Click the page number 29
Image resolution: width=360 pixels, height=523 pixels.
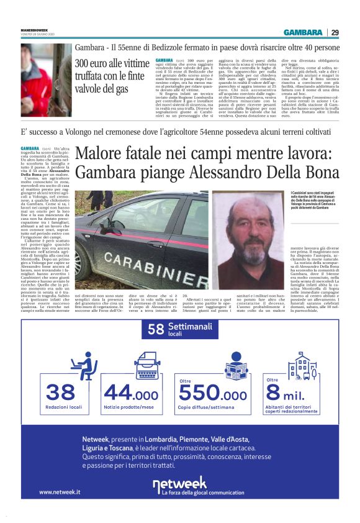[335, 32]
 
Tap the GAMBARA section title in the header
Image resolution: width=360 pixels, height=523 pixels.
[303, 32]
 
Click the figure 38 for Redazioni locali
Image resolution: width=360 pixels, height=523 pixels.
[61, 393]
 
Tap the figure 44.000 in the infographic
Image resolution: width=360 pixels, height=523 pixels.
[131, 393]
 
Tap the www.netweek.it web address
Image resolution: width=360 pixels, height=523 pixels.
[60, 491]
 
